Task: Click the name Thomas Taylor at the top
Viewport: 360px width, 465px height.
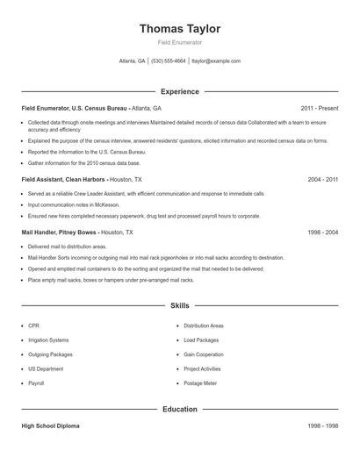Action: (179, 28)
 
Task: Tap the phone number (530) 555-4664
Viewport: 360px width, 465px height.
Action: (169, 61)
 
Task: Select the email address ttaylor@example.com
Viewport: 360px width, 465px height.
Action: (216, 61)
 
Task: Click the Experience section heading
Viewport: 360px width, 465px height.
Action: (179, 91)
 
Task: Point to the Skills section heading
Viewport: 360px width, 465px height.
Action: (179, 306)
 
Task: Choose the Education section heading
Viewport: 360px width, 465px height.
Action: (179, 409)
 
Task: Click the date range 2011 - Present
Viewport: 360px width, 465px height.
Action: (319, 108)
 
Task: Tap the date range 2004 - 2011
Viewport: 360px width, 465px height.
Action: (322, 179)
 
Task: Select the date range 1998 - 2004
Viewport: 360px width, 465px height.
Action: (322, 232)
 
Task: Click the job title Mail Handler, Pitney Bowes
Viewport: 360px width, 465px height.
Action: (60, 232)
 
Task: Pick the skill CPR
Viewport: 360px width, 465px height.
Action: (33, 325)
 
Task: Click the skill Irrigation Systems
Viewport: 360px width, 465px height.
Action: (48, 340)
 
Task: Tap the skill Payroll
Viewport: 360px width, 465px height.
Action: (36, 383)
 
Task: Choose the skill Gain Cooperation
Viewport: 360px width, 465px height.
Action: (205, 354)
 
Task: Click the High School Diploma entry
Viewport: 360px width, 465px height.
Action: (51, 426)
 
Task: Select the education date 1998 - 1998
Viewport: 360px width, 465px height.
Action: (322, 426)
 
